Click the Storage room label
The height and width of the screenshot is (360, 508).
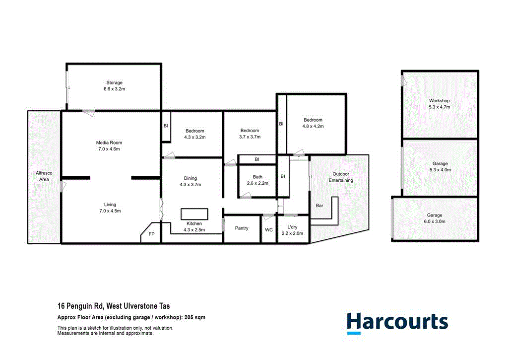tap(114, 82)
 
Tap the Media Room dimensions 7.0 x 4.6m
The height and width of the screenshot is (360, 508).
tap(109, 149)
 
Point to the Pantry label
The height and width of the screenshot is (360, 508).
tap(242, 228)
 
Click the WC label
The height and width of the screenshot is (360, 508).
tap(268, 230)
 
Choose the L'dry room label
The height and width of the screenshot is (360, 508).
tap(292, 226)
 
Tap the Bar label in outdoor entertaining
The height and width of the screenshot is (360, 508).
tap(320, 205)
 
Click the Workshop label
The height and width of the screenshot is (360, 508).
tap(440, 100)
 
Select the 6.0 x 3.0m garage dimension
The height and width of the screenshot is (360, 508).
tap(435, 221)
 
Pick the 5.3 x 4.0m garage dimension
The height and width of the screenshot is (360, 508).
tap(440, 170)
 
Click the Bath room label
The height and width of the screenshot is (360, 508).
tap(257, 177)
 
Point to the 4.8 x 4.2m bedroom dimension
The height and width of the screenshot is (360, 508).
tap(313, 126)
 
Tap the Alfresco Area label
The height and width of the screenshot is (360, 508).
tap(44, 176)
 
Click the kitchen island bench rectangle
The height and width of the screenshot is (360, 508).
tap(194, 214)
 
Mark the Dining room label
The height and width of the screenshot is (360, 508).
tap(190, 178)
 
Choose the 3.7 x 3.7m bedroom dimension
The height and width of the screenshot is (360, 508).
tap(250, 137)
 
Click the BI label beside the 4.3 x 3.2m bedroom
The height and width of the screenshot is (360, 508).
tap(166, 126)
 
